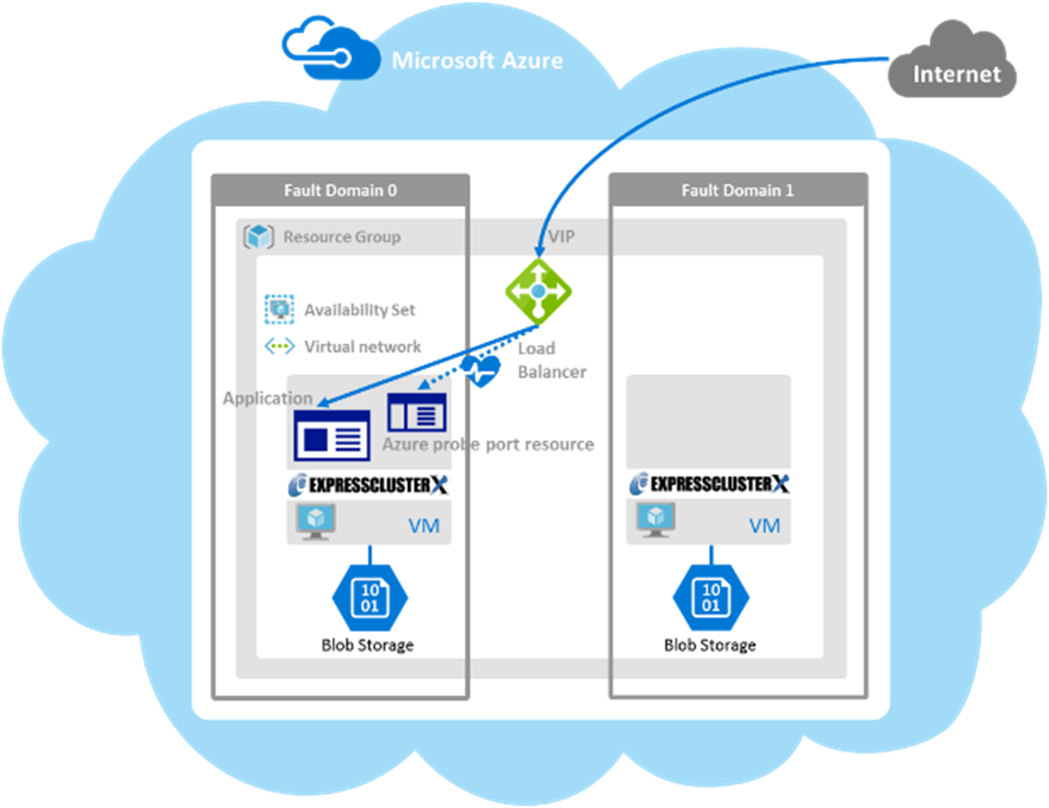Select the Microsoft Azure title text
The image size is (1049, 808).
coord(477,60)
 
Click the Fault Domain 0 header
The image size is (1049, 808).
coord(340,190)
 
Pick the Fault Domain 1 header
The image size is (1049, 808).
coord(737,190)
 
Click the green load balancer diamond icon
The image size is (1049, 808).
coord(538,290)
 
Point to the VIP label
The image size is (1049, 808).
coord(561,237)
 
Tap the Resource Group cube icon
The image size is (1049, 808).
coord(259,236)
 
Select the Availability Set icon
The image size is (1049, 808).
coord(279,309)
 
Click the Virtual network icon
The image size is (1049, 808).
coord(279,347)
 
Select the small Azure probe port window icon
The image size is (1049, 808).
coord(417,411)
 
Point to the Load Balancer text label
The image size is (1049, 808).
coord(551,360)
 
